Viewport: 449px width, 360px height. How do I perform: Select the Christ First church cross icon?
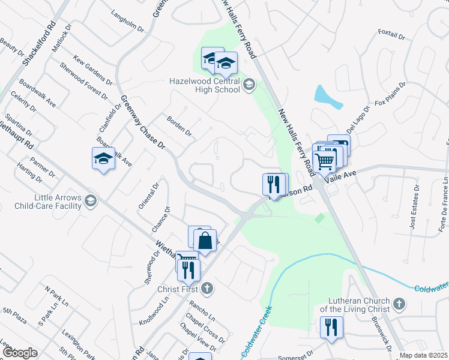click(206, 289)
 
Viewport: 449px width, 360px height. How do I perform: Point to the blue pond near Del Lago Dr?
click(327, 97)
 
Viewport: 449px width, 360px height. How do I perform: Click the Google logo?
click(20, 353)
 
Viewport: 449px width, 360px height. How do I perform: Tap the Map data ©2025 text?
click(423, 355)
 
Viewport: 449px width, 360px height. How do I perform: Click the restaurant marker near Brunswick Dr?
click(331, 328)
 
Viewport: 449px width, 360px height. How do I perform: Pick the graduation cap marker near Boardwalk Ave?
click(103, 159)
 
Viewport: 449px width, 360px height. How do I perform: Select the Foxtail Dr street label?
click(393, 34)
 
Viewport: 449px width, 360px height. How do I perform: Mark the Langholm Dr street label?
click(128, 24)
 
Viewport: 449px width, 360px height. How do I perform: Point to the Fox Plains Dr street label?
click(390, 95)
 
